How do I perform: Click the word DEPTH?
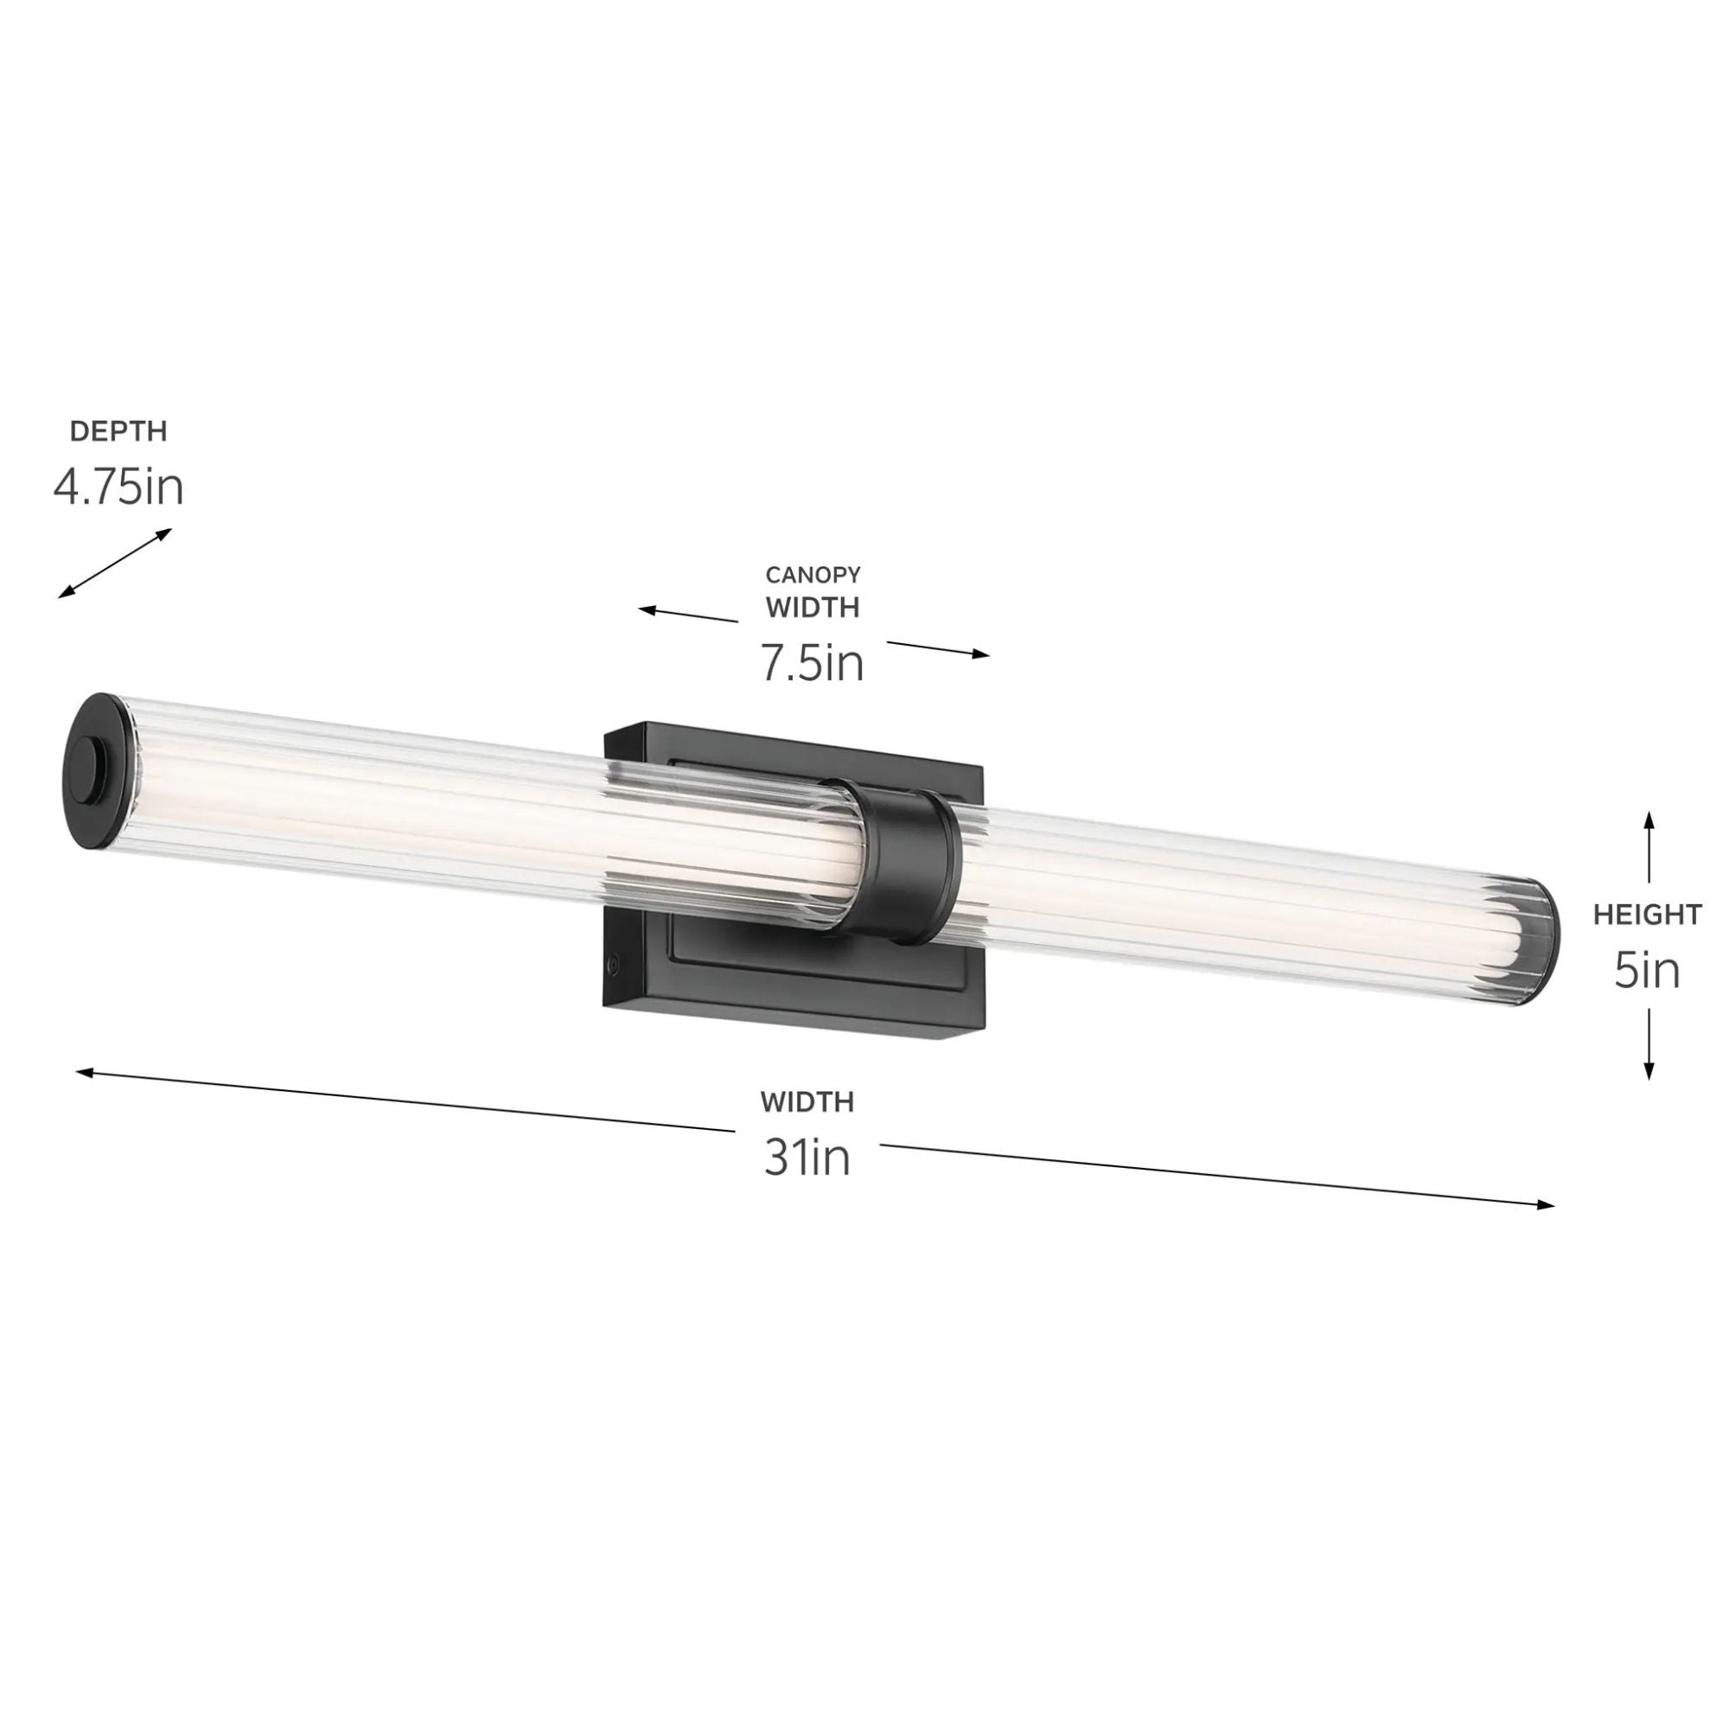point(118,431)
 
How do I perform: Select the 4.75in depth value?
point(118,488)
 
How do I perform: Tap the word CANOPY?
point(813,575)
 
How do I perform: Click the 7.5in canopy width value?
point(813,663)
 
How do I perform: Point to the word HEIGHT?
point(1647,915)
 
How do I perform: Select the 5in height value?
point(1647,972)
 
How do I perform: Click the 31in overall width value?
point(807,1158)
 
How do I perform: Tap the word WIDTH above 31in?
point(807,1101)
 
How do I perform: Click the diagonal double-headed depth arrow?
point(115,563)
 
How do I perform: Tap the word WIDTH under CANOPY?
point(813,608)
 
